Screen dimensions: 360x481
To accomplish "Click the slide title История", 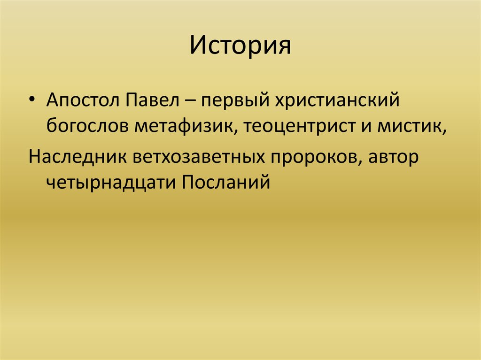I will point(240,46).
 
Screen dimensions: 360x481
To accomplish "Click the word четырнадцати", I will point(110,181).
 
